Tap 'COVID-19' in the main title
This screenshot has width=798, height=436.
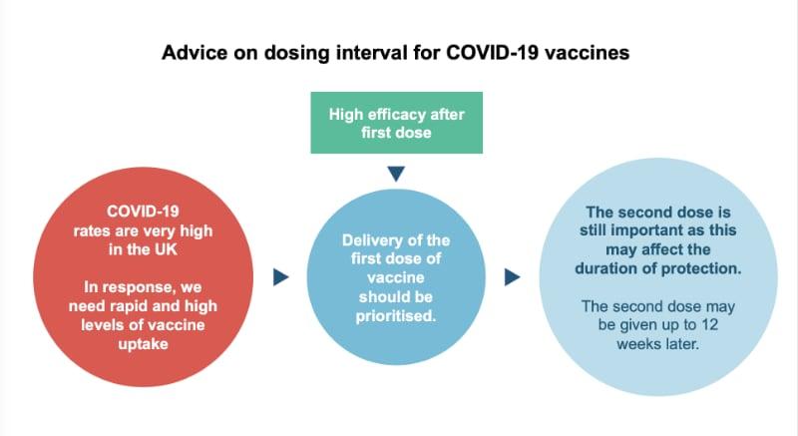[492, 53]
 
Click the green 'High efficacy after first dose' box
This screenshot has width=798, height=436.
[396, 123]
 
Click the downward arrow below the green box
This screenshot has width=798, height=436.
[396, 174]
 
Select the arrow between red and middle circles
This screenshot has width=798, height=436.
[281, 277]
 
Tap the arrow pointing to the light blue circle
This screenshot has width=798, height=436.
[512, 277]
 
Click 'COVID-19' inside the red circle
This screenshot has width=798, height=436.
[143, 212]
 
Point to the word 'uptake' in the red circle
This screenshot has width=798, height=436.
[143, 344]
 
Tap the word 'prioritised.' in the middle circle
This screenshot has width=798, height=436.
[396, 316]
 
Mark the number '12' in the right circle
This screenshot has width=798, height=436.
[709, 324]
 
